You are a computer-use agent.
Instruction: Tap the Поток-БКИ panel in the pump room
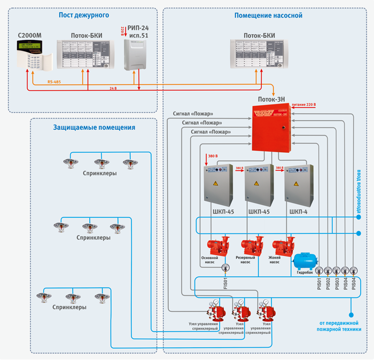pyautogui.click(x=259, y=56)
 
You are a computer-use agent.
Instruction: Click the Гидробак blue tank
pyautogui.click(x=305, y=261)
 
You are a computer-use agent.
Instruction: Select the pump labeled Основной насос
pyautogui.click(x=218, y=246)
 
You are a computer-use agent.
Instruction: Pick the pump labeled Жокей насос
pyautogui.click(x=283, y=246)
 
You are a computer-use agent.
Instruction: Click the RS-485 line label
pyautogui.click(x=54, y=81)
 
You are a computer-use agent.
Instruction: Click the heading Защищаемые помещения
pyautogui.click(x=94, y=128)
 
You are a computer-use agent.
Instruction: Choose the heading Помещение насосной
pyautogui.click(x=268, y=15)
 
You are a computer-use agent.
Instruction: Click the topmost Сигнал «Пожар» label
pyautogui.click(x=193, y=114)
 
